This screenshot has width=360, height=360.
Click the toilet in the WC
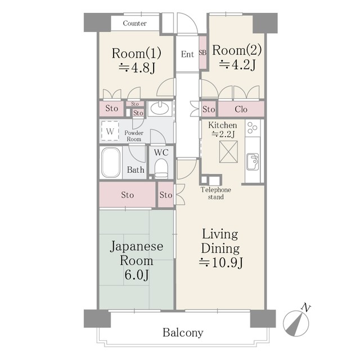click(161, 168)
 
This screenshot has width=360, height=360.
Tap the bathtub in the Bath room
click(111, 163)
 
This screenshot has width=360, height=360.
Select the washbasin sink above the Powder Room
click(160, 108)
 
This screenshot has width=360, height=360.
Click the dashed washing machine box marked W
click(110, 131)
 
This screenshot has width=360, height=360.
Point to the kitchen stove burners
click(253, 128)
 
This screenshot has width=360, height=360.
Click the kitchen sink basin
click(253, 161)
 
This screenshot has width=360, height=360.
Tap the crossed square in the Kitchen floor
click(228, 152)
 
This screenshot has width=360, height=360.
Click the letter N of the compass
click(306, 307)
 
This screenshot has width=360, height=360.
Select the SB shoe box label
click(202, 53)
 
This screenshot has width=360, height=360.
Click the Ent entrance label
click(187, 54)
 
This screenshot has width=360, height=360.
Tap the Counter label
click(135, 23)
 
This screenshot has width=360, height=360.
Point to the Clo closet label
click(241, 109)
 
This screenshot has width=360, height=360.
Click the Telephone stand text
click(216, 193)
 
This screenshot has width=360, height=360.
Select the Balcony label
click(183, 332)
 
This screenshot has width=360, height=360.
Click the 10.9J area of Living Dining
click(221, 263)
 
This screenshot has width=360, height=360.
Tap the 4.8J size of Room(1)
click(137, 67)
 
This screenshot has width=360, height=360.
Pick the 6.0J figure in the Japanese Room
click(137, 275)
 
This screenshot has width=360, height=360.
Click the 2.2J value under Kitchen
click(223, 134)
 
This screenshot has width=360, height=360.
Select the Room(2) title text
click(237, 50)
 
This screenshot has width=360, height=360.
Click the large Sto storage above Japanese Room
click(128, 195)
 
